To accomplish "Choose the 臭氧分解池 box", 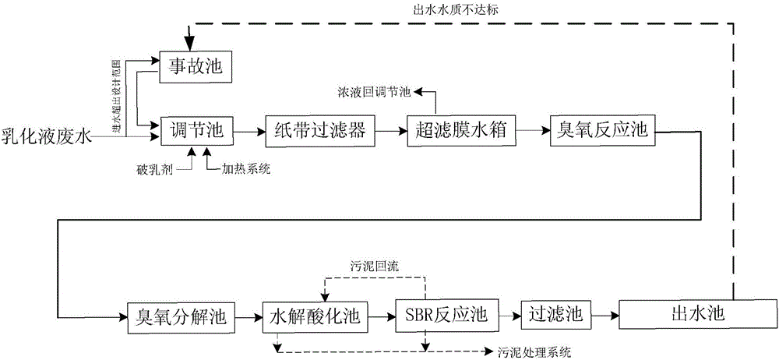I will (176, 316).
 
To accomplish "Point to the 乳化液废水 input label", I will (47, 137).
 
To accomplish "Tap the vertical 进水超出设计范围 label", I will (116, 97).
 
